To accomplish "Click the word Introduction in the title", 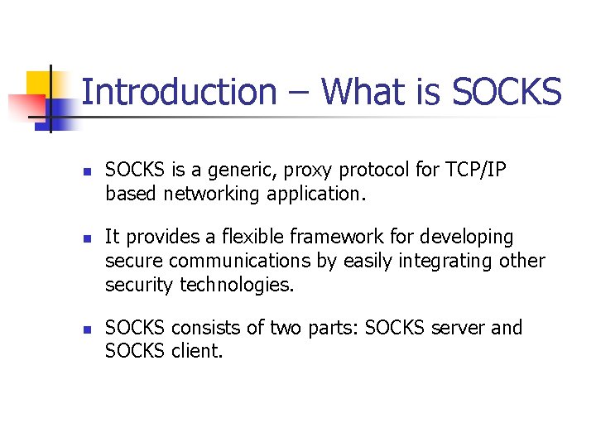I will point(180,92).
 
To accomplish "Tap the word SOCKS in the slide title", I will point(507,92).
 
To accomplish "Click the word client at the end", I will point(196,352).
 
